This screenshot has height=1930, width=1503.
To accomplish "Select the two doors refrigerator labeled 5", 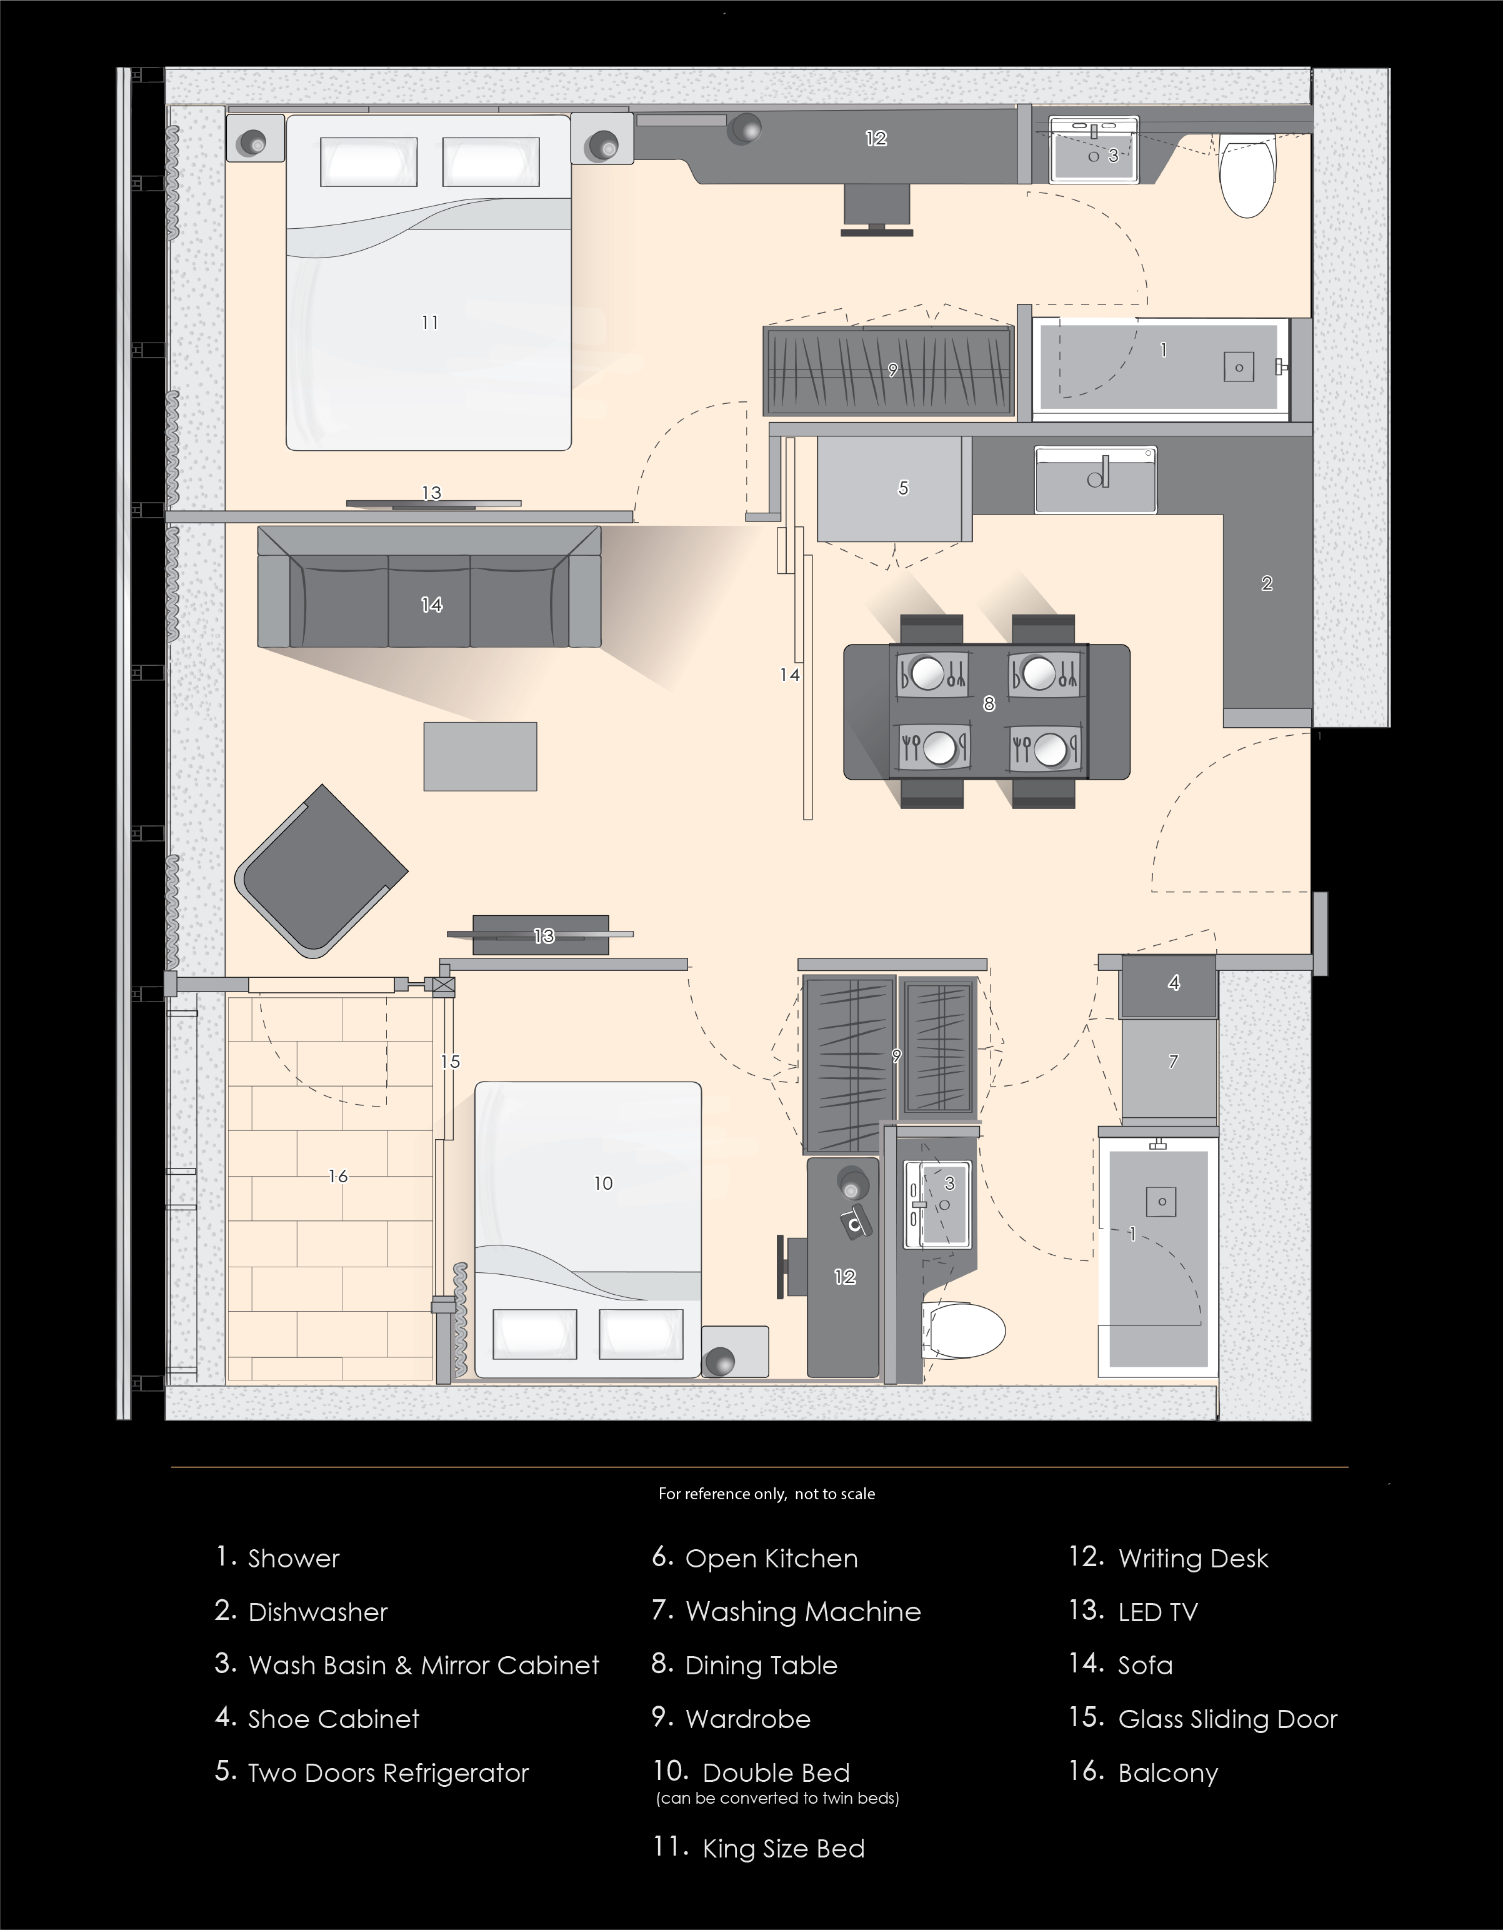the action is (x=894, y=489).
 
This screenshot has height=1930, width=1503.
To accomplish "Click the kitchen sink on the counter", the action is (x=1096, y=480).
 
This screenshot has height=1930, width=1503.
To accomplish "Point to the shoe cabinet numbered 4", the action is (x=1169, y=985).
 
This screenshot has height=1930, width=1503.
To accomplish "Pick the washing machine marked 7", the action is (x=1169, y=1071).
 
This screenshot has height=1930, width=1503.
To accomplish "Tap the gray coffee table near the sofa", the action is (x=480, y=756).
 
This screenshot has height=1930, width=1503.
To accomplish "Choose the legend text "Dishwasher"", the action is (x=318, y=1613).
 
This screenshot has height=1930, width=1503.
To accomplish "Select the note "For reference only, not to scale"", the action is (x=767, y=1494).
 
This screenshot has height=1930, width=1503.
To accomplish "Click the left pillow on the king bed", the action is (x=369, y=162).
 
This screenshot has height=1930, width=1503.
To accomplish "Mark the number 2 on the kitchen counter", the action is (x=1267, y=583).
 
